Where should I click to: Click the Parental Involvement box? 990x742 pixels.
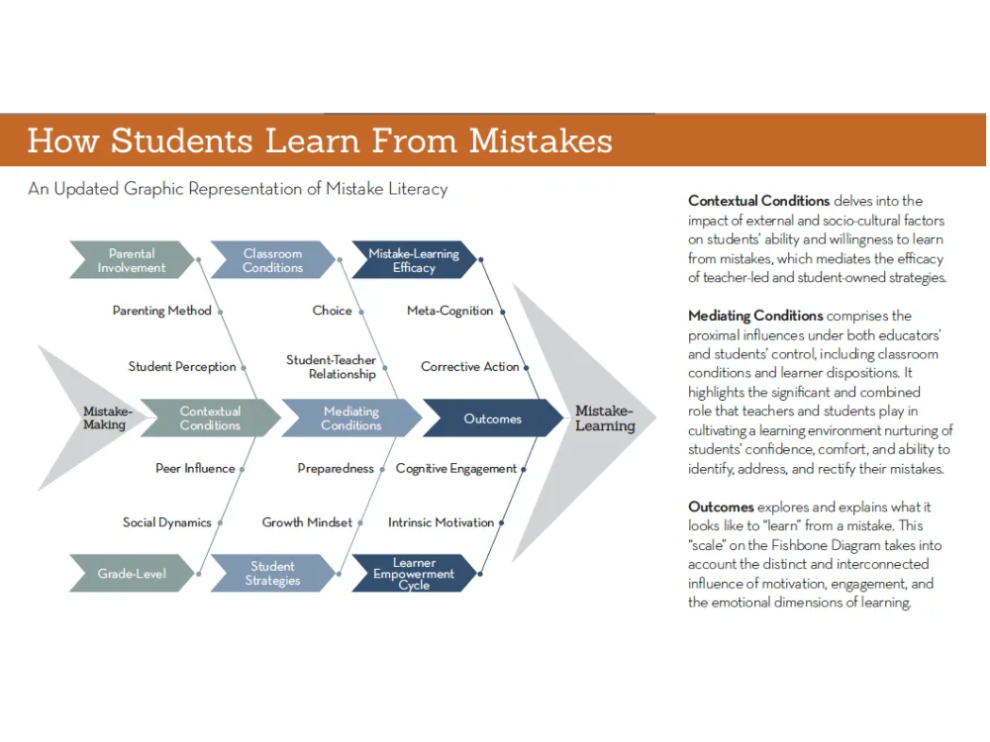pos(132,260)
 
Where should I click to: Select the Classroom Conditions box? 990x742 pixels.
pos(273,260)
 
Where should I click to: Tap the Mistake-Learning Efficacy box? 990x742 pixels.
pos(414,260)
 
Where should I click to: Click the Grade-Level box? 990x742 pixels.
pos(132,574)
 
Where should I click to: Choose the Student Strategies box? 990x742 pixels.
pos(273,574)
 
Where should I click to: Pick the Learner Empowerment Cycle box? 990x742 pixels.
pos(414,574)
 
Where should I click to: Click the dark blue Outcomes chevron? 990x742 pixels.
pos(493,418)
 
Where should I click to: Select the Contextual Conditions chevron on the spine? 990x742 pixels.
pos(210,418)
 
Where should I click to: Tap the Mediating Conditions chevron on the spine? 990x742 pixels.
pos(351,418)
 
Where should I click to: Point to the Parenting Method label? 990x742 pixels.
pos(161,311)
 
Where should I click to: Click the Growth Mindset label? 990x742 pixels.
pos(307,522)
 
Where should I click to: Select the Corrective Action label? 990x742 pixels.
pos(469,367)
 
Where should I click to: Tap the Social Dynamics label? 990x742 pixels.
pos(166,522)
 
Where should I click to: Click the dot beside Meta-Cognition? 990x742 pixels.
pos(503,312)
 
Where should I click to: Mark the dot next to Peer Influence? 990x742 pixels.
pos(243,469)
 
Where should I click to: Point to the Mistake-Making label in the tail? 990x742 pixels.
pos(107,417)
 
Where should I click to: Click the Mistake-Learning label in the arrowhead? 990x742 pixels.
pos(605,418)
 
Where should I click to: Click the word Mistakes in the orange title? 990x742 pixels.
pos(541,140)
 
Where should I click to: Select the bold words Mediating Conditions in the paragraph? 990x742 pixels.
pos(755,316)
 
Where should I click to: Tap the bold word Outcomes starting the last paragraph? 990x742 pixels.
pos(721,507)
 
